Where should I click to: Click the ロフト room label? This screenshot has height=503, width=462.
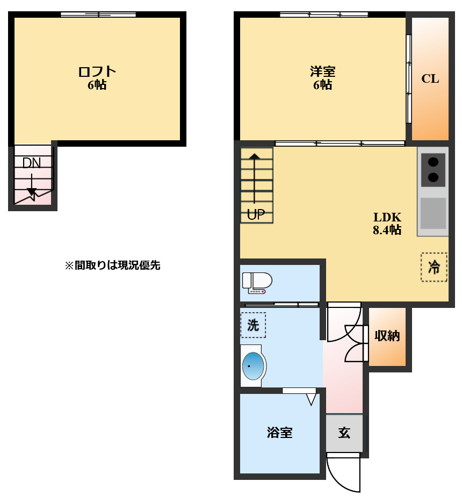[97, 71]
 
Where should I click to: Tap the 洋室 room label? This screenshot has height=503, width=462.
[322, 71]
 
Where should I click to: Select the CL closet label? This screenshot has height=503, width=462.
[430, 79]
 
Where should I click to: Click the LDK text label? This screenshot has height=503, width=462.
[387, 218]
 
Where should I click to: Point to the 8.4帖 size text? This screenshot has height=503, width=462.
[387, 231]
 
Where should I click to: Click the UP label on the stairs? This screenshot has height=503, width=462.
[256, 215]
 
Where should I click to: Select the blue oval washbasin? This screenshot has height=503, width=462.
[254, 367]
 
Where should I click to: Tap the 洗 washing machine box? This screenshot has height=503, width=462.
[252, 325]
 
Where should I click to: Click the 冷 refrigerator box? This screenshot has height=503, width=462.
[434, 267]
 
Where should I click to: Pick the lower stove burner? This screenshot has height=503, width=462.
[433, 177]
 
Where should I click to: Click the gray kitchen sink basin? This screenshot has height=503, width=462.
[433, 213]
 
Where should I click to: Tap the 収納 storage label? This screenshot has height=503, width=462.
[387, 336]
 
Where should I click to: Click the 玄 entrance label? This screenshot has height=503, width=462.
[344, 433]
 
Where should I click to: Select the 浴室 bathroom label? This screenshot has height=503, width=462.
[280, 433]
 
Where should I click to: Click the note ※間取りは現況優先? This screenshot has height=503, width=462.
[113, 265]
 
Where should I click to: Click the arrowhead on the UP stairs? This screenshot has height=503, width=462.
[255, 157]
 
